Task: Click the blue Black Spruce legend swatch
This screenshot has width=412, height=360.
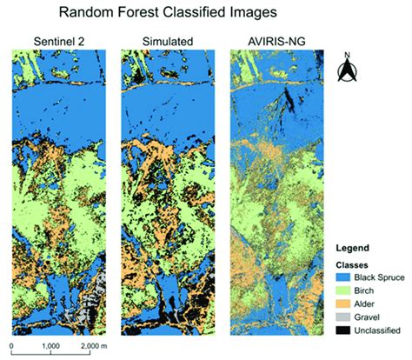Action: click(342, 279)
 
